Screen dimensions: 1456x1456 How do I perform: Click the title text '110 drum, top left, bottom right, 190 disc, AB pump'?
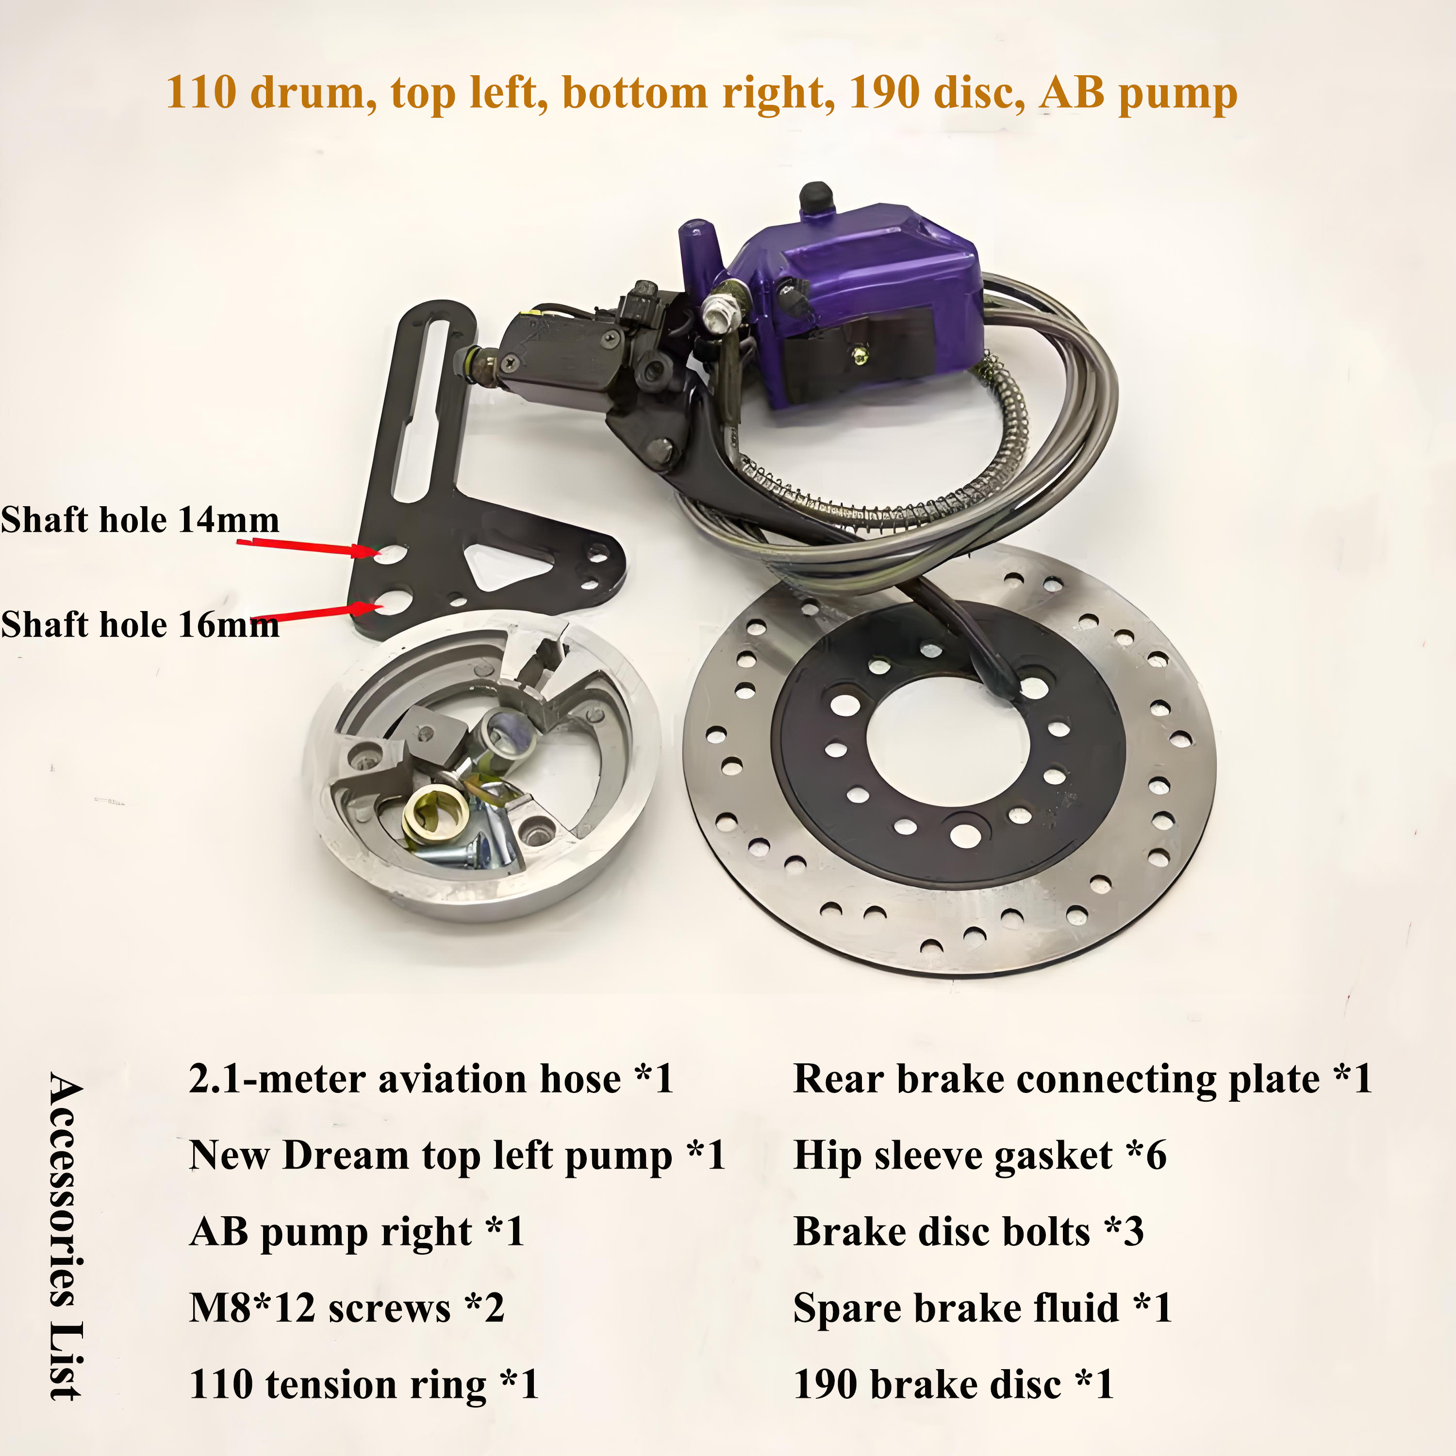coord(702,94)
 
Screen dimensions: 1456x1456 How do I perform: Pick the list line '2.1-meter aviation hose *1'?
coord(431,1079)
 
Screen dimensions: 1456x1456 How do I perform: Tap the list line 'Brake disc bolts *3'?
coord(968,1232)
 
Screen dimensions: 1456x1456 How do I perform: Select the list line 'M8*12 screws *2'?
coord(347,1308)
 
